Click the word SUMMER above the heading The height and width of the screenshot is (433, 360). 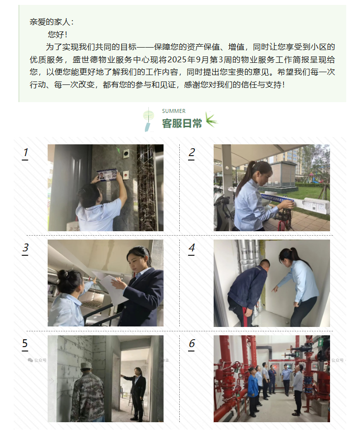pos(173,111)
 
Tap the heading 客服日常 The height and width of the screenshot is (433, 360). pos(182,123)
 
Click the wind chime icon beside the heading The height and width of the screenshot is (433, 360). pos(148,119)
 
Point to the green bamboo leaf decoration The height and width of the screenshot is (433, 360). pos(212,120)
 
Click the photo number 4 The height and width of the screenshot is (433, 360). pos(192,248)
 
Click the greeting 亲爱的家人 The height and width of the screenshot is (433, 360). pos(50,22)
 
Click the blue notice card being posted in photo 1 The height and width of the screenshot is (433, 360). pos(107,176)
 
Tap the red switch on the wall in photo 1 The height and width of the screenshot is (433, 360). pos(126,175)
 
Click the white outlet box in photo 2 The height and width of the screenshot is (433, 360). pos(316,205)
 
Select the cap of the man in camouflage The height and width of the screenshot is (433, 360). pos(86,365)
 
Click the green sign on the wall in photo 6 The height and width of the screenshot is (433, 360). pos(320,343)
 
